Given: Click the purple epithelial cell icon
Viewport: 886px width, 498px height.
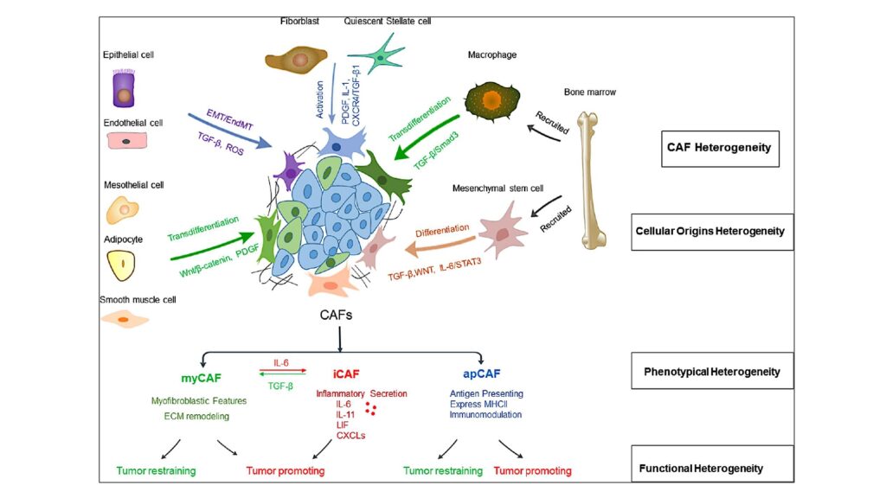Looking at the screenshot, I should [x=125, y=90].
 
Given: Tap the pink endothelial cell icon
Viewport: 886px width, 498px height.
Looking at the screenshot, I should [x=126, y=139].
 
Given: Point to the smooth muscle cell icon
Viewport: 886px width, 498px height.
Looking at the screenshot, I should [x=125, y=320].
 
